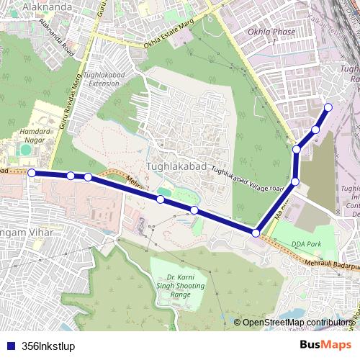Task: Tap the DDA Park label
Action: (306, 245)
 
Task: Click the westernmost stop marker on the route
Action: (32, 173)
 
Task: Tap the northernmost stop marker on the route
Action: (328, 107)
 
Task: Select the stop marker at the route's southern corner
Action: (256, 233)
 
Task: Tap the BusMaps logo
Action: (325, 345)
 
